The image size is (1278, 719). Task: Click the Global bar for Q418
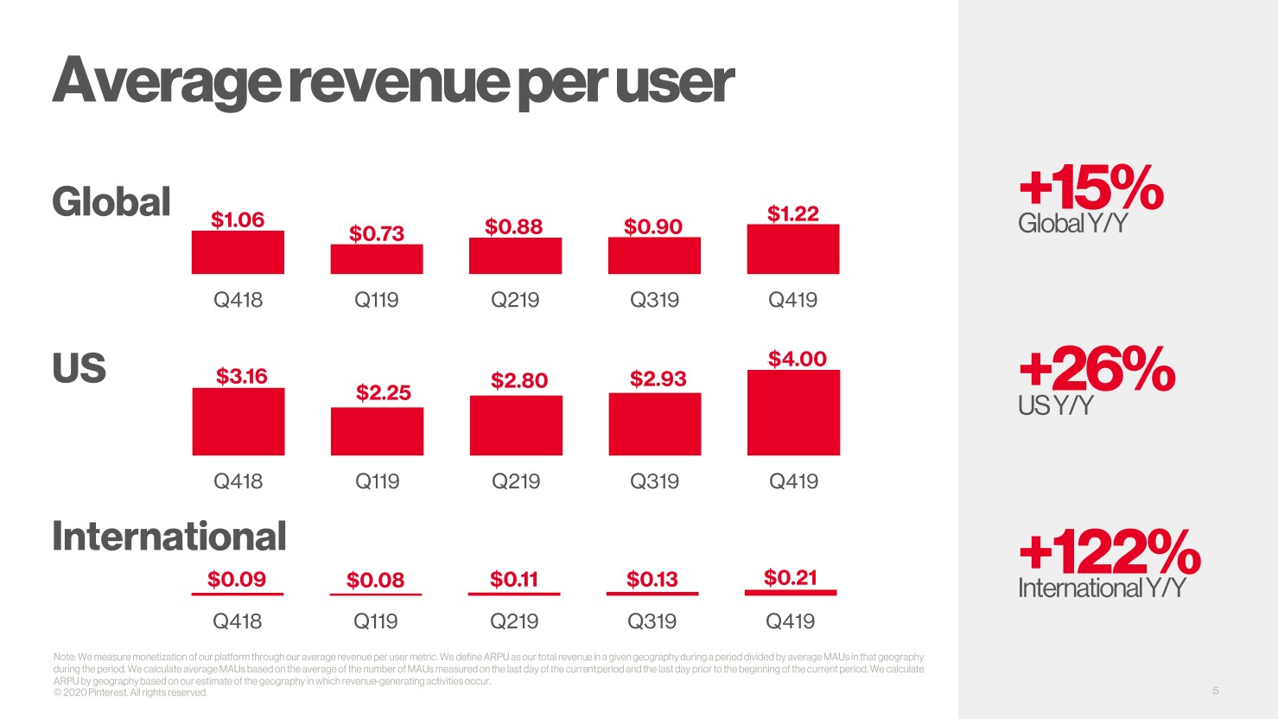[x=238, y=252]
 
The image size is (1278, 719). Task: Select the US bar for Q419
[x=793, y=412]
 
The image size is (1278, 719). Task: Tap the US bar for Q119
[x=377, y=431]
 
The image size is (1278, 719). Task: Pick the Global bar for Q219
[x=515, y=256]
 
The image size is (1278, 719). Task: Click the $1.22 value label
[x=793, y=213]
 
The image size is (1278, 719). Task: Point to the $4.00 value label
[x=798, y=359]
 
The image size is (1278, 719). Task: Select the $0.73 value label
[x=377, y=233]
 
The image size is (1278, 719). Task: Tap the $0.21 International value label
[x=791, y=577]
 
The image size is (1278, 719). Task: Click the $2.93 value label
[x=658, y=379]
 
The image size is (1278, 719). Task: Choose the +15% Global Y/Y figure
[x=1091, y=188]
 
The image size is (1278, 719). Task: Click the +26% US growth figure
[x=1097, y=369]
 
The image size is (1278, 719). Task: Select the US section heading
[x=79, y=368]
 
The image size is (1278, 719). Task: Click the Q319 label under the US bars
[x=654, y=481]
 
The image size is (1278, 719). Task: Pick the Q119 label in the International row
[x=376, y=621]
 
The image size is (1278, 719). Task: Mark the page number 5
[x=1216, y=690]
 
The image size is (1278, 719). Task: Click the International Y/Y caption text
[x=1102, y=589]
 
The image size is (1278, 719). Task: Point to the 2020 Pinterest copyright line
[x=130, y=693]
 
